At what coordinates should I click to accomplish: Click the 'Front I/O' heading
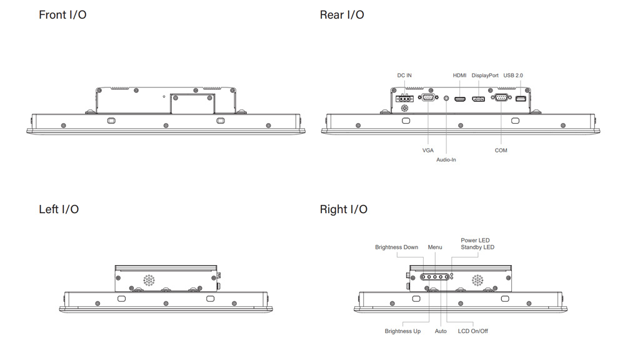pyautogui.click(x=62, y=15)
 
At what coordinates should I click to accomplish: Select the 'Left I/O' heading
pyautogui.click(x=59, y=209)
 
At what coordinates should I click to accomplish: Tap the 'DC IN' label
pyautogui.click(x=404, y=76)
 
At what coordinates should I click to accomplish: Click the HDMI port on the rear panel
pyautogui.click(x=460, y=99)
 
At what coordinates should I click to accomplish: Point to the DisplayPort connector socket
pyautogui.click(x=478, y=99)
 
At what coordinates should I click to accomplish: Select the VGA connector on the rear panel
pyautogui.click(x=428, y=97)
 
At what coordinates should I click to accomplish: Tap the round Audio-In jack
pyautogui.click(x=446, y=98)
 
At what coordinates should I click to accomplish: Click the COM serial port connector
pyautogui.click(x=501, y=97)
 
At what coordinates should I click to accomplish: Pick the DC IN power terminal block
pyautogui.click(x=404, y=99)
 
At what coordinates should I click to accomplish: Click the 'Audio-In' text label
pyautogui.click(x=446, y=160)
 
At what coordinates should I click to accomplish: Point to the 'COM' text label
pyautogui.click(x=501, y=151)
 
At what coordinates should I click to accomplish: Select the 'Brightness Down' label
pyautogui.click(x=396, y=247)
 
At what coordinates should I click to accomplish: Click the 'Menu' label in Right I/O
pyautogui.click(x=435, y=247)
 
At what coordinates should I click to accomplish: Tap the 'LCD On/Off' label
pyautogui.click(x=472, y=331)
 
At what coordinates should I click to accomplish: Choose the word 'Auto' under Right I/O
pyautogui.click(x=441, y=331)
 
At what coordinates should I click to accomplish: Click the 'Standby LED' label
pyautogui.click(x=477, y=247)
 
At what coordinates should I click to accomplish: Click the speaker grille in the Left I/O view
pyautogui.click(x=149, y=280)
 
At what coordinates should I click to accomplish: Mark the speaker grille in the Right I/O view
pyautogui.click(x=477, y=280)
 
